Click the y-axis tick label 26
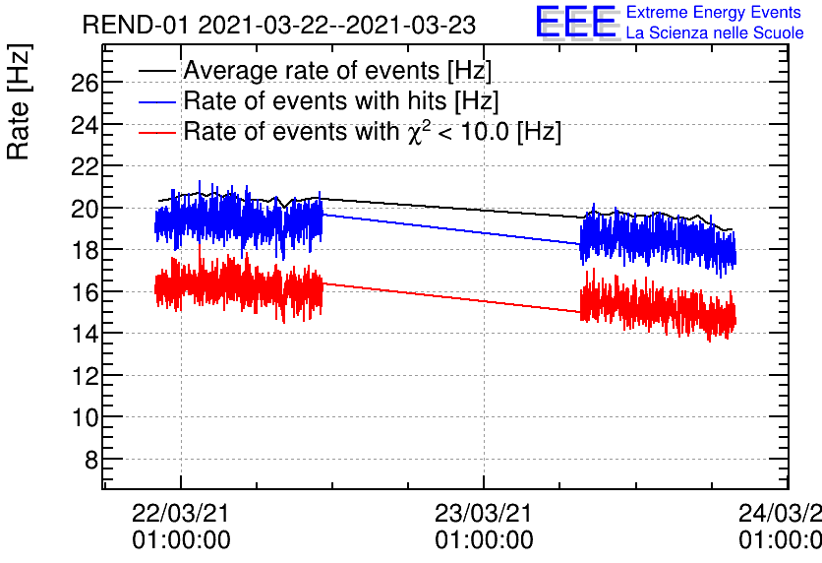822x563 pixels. click(x=85, y=83)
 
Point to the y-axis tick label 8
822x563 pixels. click(x=89, y=460)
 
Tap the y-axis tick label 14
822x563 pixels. click(x=85, y=334)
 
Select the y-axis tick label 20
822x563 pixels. click(x=85, y=209)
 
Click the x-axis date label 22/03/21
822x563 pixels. click(x=181, y=515)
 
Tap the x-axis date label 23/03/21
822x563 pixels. click(x=484, y=515)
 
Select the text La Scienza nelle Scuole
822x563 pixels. click(x=715, y=33)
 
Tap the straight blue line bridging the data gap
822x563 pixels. click(x=452, y=228)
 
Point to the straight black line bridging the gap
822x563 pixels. click(x=452, y=208)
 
